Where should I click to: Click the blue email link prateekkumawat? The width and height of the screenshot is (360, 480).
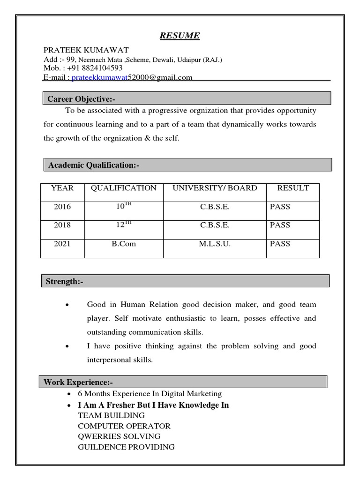coord(100,78)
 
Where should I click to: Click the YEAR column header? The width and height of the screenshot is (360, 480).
coord(62,188)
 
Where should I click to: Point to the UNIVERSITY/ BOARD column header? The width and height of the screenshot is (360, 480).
coord(215,188)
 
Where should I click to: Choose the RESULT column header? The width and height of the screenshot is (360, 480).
coord(293,188)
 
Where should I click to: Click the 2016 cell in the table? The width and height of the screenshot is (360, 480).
coord(62,206)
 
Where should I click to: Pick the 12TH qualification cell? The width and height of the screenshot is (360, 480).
coord(124,225)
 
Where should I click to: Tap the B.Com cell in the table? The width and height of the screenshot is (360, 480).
coord(124,244)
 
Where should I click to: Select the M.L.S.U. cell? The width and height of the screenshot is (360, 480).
coord(215,244)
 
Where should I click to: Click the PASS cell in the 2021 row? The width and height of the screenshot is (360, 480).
coord(280,244)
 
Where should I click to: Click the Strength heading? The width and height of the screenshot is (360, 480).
coord(64,281)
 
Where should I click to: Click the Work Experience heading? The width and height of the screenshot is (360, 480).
coord(78,382)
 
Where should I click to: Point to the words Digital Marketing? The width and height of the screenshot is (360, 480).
coord(193,394)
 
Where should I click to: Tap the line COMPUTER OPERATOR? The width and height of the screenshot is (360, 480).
coord(124,426)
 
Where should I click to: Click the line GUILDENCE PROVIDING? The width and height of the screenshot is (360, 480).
coord(126,447)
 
